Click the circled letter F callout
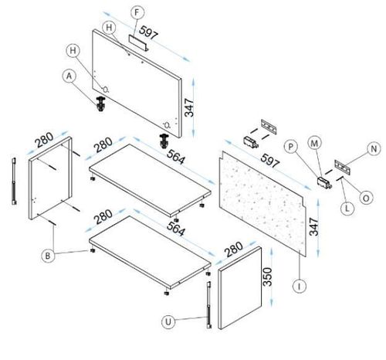tap(137, 12)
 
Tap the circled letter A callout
tap(69, 76)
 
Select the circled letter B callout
tap(48, 256)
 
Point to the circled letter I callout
tap(300, 286)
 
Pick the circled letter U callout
tap(168, 322)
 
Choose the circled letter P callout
tap(291, 147)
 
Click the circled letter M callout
tap(314, 143)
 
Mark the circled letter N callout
tap(374, 149)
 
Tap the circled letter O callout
tap(366, 198)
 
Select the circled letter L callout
tap(347, 208)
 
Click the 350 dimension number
tap(268, 277)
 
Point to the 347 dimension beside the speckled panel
tap(314, 226)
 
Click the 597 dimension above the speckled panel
tap(269, 161)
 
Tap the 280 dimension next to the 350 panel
tap(233, 250)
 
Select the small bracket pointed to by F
tap(139, 42)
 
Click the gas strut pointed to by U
tap(209, 305)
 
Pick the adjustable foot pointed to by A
tap(100, 104)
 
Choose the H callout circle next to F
tap(109, 28)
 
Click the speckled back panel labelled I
tap(262, 204)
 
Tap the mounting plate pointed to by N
tap(343, 167)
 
